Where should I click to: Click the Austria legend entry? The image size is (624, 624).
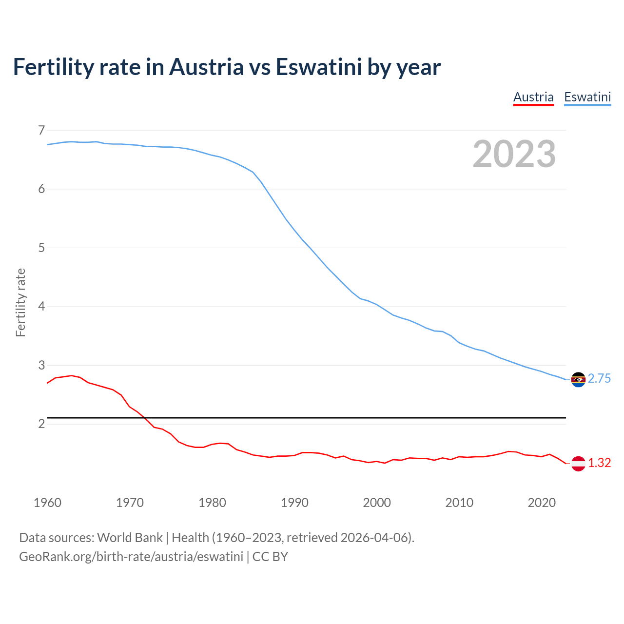tap(533, 97)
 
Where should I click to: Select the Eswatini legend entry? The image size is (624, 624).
tap(587, 97)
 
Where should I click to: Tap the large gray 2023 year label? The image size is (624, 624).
tap(514, 154)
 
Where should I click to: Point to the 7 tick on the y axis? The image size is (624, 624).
tap(41, 130)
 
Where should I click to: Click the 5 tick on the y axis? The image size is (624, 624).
tap(41, 248)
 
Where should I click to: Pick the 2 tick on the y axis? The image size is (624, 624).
tap(41, 424)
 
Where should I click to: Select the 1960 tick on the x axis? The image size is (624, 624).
tap(47, 503)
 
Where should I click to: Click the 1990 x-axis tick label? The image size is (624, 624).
tap(294, 503)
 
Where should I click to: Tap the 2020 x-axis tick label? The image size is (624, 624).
tap(542, 503)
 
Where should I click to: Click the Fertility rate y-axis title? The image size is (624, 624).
tap(20, 302)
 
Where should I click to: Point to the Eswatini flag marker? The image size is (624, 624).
tap(578, 379)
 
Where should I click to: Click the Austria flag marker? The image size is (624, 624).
tap(578, 463)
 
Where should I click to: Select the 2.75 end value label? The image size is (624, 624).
tap(599, 379)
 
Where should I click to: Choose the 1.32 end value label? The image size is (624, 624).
tap(599, 463)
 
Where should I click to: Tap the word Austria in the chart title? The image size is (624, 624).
tap(206, 67)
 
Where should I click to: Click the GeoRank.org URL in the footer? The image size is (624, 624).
tap(131, 557)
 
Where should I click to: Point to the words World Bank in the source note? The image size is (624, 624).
tap(130, 538)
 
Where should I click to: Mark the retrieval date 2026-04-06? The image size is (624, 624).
tap(375, 538)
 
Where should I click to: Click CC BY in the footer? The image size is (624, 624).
tap(270, 557)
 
